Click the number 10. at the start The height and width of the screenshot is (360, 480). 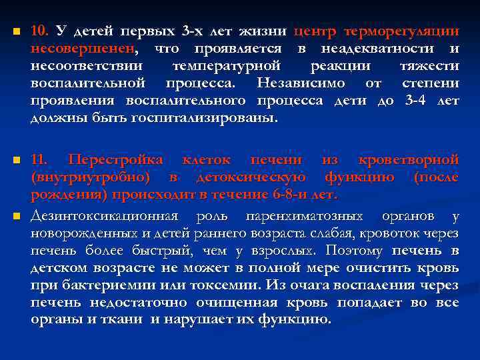click(41, 31)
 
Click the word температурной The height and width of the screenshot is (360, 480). click(226, 66)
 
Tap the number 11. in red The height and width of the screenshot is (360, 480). click(41, 160)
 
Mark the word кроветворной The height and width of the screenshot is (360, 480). click(408, 160)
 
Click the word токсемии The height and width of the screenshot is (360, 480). click(224, 285)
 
